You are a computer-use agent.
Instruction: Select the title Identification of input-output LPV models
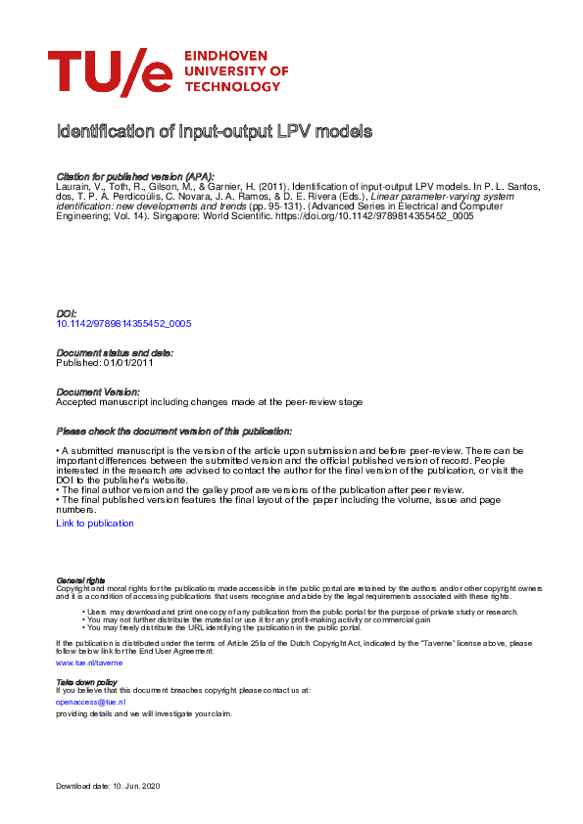[x=215, y=131]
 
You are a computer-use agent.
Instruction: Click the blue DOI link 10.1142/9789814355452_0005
[x=123, y=322]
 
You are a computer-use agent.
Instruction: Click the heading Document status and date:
[x=115, y=352]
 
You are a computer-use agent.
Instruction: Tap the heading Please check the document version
[x=173, y=431]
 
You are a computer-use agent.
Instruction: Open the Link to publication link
[x=95, y=524]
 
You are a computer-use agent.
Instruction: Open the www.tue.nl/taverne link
[x=89, y=663]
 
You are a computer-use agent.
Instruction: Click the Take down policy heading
[x=86, y=681]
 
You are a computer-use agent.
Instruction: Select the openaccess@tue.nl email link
[x=90, y=702]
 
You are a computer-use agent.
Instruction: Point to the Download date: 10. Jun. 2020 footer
[x=115, y=787]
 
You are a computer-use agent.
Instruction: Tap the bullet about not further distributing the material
[x=258, y=619]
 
